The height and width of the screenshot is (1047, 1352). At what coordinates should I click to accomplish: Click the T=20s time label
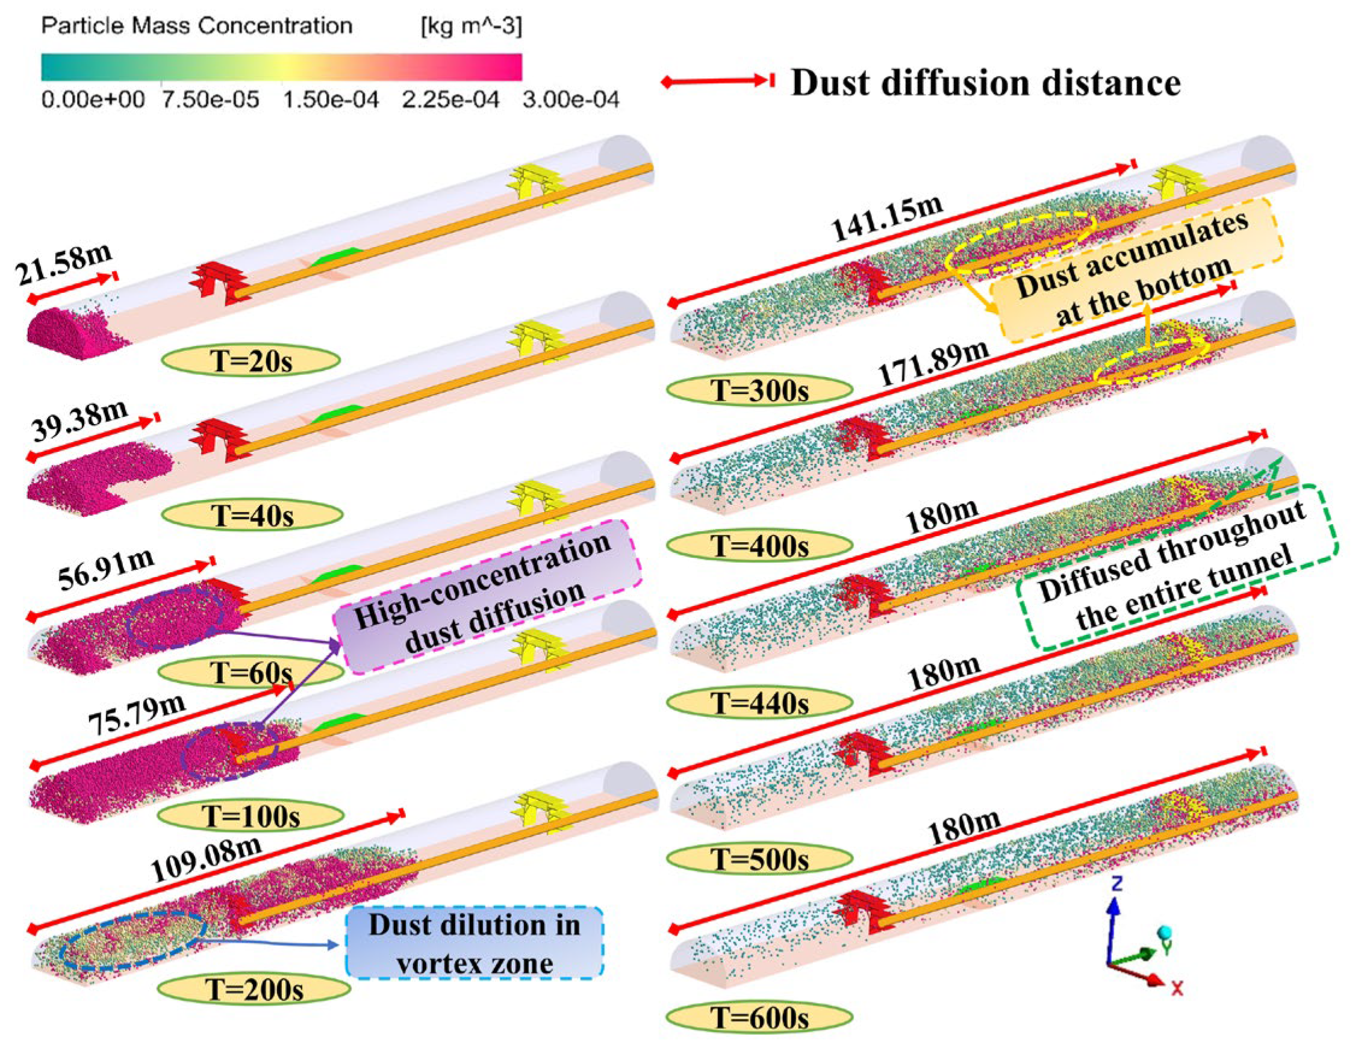(x=251, y=360)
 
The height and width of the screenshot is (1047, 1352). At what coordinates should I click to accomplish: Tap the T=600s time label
(x=759, y=1017)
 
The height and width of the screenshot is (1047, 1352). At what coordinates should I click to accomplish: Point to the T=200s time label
(x=254, y=989)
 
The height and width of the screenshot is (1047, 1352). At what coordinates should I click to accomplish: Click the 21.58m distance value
(x=64, y=264)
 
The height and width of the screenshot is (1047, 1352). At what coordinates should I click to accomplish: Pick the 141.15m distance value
(x=886, y=219)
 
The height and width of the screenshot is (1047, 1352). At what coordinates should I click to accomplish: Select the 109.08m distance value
(x=206, y=859)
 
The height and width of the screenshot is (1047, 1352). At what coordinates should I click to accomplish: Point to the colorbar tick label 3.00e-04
(x=571, y=99)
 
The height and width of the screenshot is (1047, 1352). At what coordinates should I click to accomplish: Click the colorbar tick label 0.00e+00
(x=93, y=99)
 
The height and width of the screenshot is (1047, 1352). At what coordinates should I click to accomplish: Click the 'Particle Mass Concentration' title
(x=197, y=26)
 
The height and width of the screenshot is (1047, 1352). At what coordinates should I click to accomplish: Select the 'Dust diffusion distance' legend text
(x=985, y=83)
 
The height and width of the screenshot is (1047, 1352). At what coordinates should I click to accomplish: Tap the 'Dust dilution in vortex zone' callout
(x=474, y=943)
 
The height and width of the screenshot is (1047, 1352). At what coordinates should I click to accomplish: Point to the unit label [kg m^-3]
(x=471, y=26)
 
